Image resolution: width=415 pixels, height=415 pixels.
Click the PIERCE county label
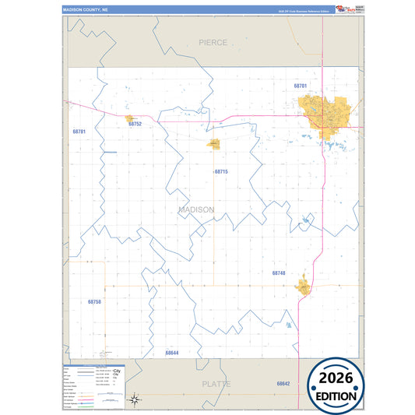click(213, 42)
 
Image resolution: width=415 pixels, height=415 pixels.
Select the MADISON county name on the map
click(195, 209)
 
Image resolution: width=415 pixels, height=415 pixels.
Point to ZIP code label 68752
click(135, 124)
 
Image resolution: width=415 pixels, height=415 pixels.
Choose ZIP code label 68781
click(79, 132)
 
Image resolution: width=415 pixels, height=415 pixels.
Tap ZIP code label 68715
click(221, 171)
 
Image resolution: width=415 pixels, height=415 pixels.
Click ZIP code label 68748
click(279, 273)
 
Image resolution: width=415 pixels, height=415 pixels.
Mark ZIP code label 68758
click(94, 301)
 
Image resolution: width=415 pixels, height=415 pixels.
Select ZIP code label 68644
click(172, 353)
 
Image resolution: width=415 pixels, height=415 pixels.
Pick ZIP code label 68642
click(282, 384)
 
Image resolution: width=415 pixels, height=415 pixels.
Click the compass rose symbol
click(134, 399)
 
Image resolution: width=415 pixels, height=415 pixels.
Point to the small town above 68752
click(130, 118)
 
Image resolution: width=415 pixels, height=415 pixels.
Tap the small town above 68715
click(214, 144)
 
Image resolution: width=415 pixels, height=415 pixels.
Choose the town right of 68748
click(303, 288)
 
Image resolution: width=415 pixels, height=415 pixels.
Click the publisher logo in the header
click(343, 9)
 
